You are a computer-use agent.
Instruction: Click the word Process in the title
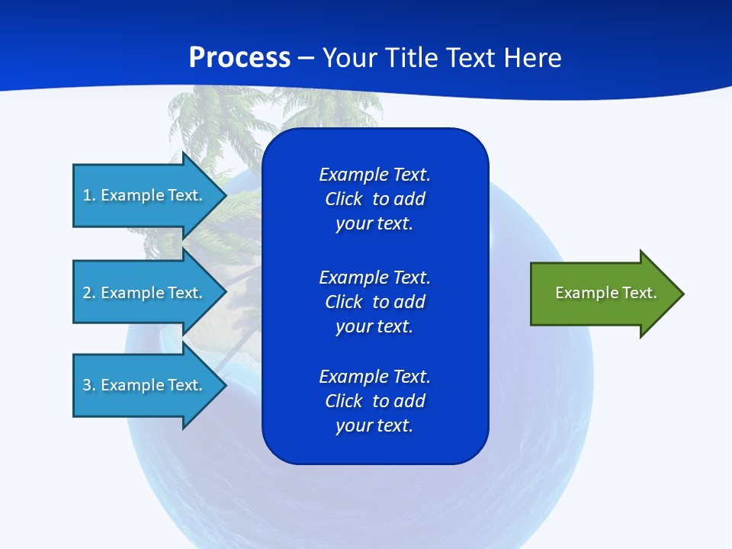[x=239, y=58]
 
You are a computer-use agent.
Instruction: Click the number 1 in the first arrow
[x=87, y=195]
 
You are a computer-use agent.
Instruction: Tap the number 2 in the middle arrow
[x=87, y=293]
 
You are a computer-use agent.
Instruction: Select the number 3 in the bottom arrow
[x=87, y=385]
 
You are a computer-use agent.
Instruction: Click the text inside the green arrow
[x=605, y=293]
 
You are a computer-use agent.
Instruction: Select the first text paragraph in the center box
[x=374, y=199]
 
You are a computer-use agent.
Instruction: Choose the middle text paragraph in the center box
[x=374, y=302]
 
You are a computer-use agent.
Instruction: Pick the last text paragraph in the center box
[x=374, y=401]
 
